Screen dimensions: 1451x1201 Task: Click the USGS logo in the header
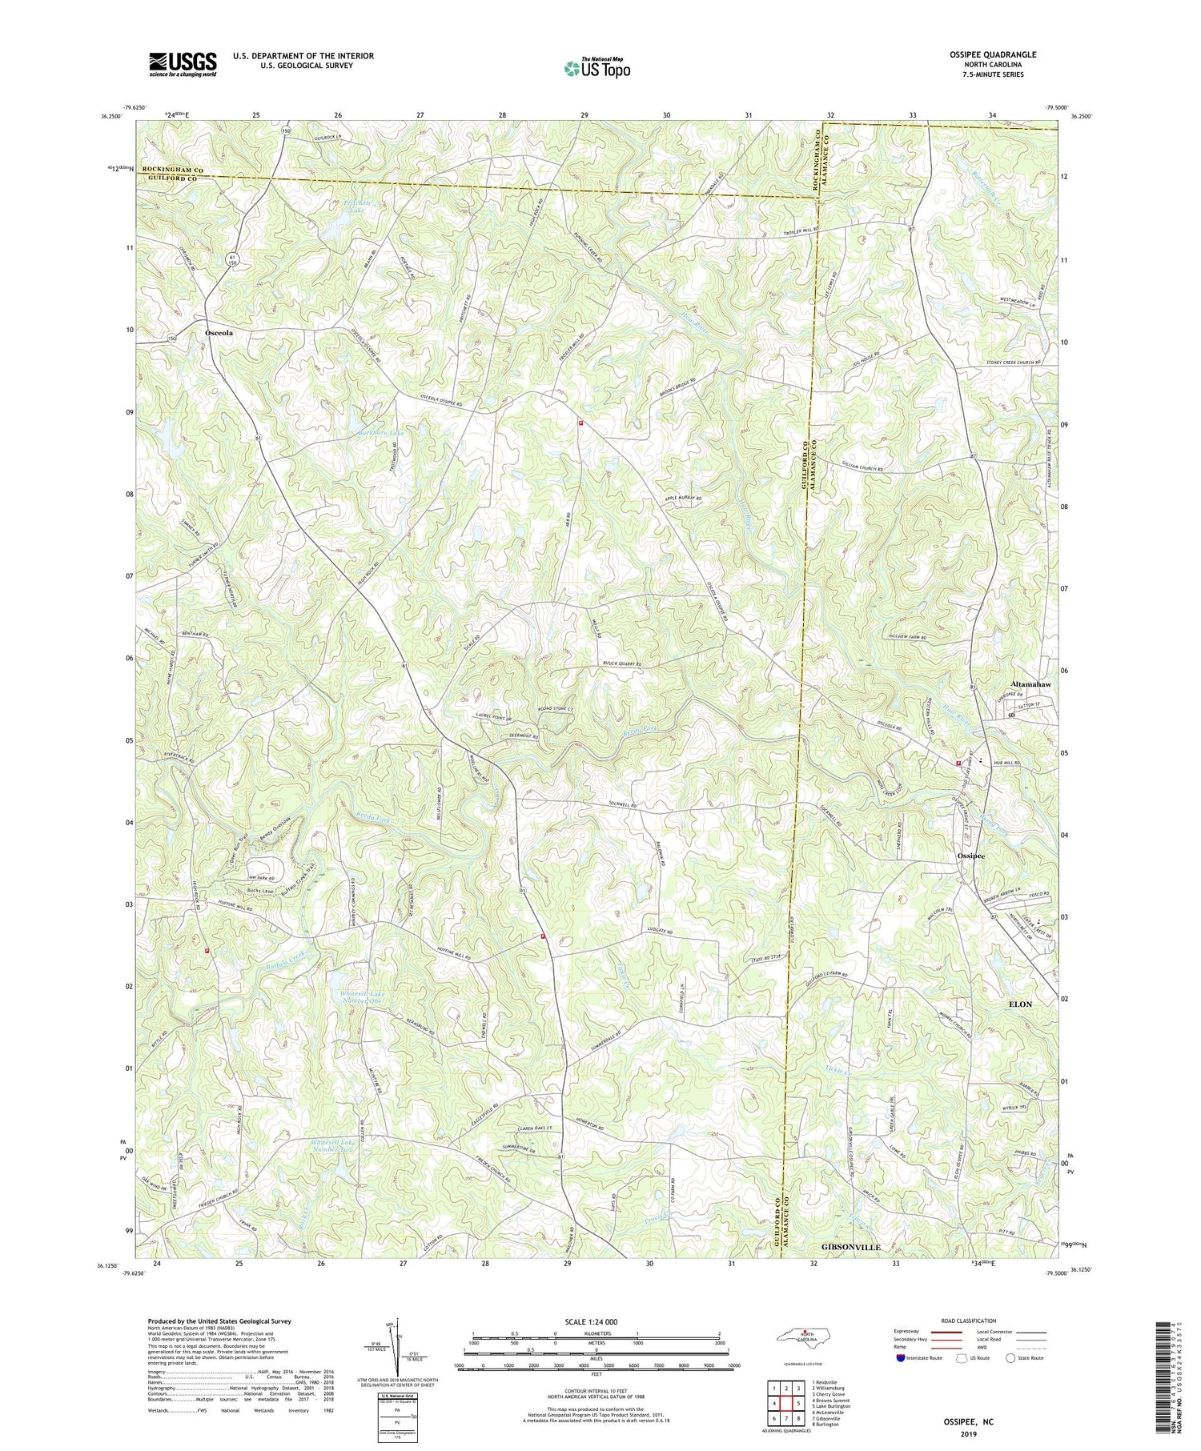click(x=182, y=64)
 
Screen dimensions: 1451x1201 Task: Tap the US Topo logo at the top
click(x=596, y=68)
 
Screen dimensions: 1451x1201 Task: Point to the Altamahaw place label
click(x=1030, y=686)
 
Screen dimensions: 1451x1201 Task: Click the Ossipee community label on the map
click(x=970, y=855)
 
